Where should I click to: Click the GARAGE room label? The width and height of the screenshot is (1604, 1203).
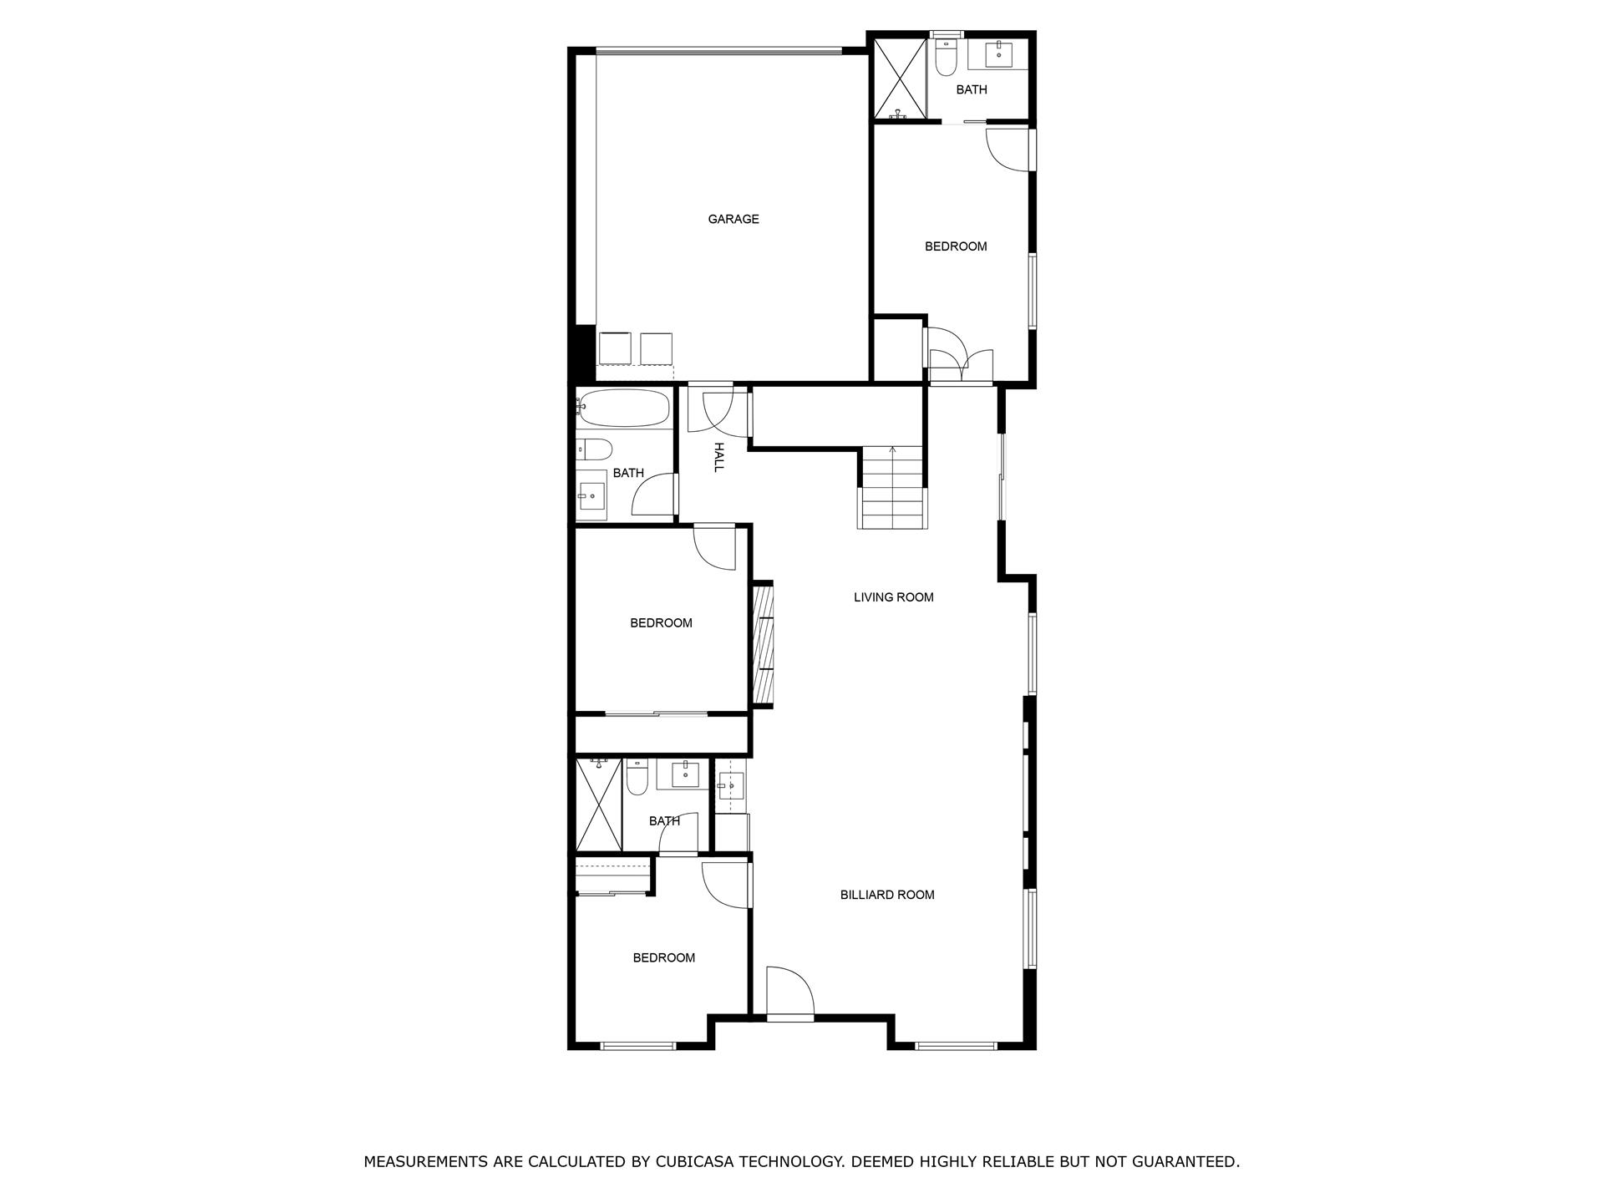pyautogui.click(x=733, y=219)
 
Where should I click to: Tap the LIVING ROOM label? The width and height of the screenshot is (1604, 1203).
pyautogui.click(x=893, y=597)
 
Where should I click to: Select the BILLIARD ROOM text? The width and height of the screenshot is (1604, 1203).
pyautogui.click(x=886, y=895)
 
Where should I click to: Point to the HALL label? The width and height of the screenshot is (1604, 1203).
pyautogui.click(x=718, y=457)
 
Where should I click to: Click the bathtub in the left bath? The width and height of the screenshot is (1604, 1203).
pyautogui.click(x=623, y=408)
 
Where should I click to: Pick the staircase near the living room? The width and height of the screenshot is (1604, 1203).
pyautogui.click(x=892, y=488)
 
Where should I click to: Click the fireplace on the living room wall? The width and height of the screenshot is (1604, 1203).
pyautogui.click(x=764, y=645)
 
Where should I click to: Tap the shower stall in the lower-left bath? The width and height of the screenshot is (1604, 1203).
pyautogui.click(x=599, y=805)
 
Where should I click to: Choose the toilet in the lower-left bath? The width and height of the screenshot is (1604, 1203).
pyautogui.click(x=637, y=777)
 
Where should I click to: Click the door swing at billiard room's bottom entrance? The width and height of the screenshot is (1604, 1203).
pyautogui.click(x=789, y=992)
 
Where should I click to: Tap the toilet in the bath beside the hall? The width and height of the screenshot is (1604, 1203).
pyautogui.click(x=594, y=449)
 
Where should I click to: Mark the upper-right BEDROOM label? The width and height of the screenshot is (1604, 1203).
pyautogui.click(x=956, y=246)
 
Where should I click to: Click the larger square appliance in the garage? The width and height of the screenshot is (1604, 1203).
pyautogui.click(x=615, y=348)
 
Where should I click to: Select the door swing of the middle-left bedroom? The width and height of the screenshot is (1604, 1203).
pyautogui.click(x=715, y=548)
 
